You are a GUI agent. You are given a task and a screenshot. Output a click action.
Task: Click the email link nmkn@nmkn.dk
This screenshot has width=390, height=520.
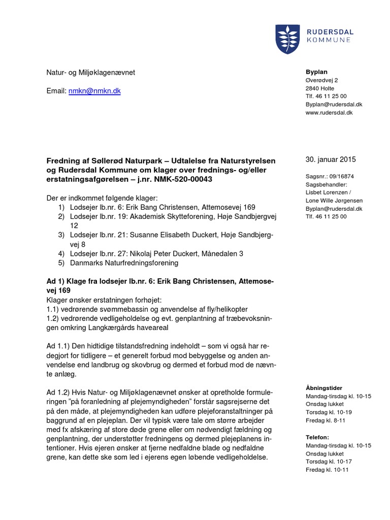94,91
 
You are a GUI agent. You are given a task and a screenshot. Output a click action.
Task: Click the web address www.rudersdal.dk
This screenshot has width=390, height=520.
329,112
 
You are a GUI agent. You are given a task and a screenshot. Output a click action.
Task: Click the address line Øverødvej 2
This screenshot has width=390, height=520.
321,80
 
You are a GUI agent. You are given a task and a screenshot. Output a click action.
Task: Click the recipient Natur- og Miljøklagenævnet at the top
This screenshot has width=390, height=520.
91,73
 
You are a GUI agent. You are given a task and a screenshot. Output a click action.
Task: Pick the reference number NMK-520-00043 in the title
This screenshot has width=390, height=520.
184,180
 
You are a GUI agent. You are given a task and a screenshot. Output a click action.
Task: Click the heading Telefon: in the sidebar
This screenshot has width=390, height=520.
317,437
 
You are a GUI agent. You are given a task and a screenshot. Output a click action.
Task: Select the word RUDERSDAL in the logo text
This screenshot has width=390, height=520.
330,31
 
